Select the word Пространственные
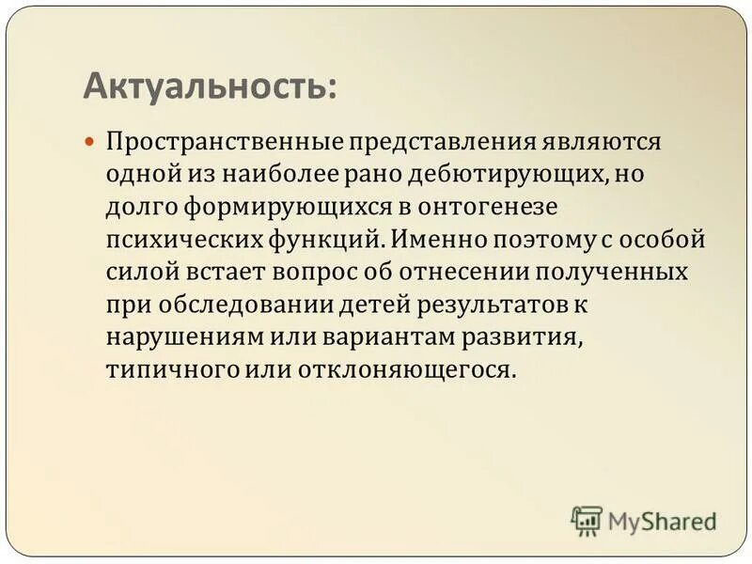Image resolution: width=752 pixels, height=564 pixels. coord(225,142)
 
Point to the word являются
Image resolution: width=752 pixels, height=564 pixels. coord(601,142)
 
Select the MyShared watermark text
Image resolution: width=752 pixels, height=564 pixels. coord(662,521)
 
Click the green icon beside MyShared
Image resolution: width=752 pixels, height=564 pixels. coord(586,520)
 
